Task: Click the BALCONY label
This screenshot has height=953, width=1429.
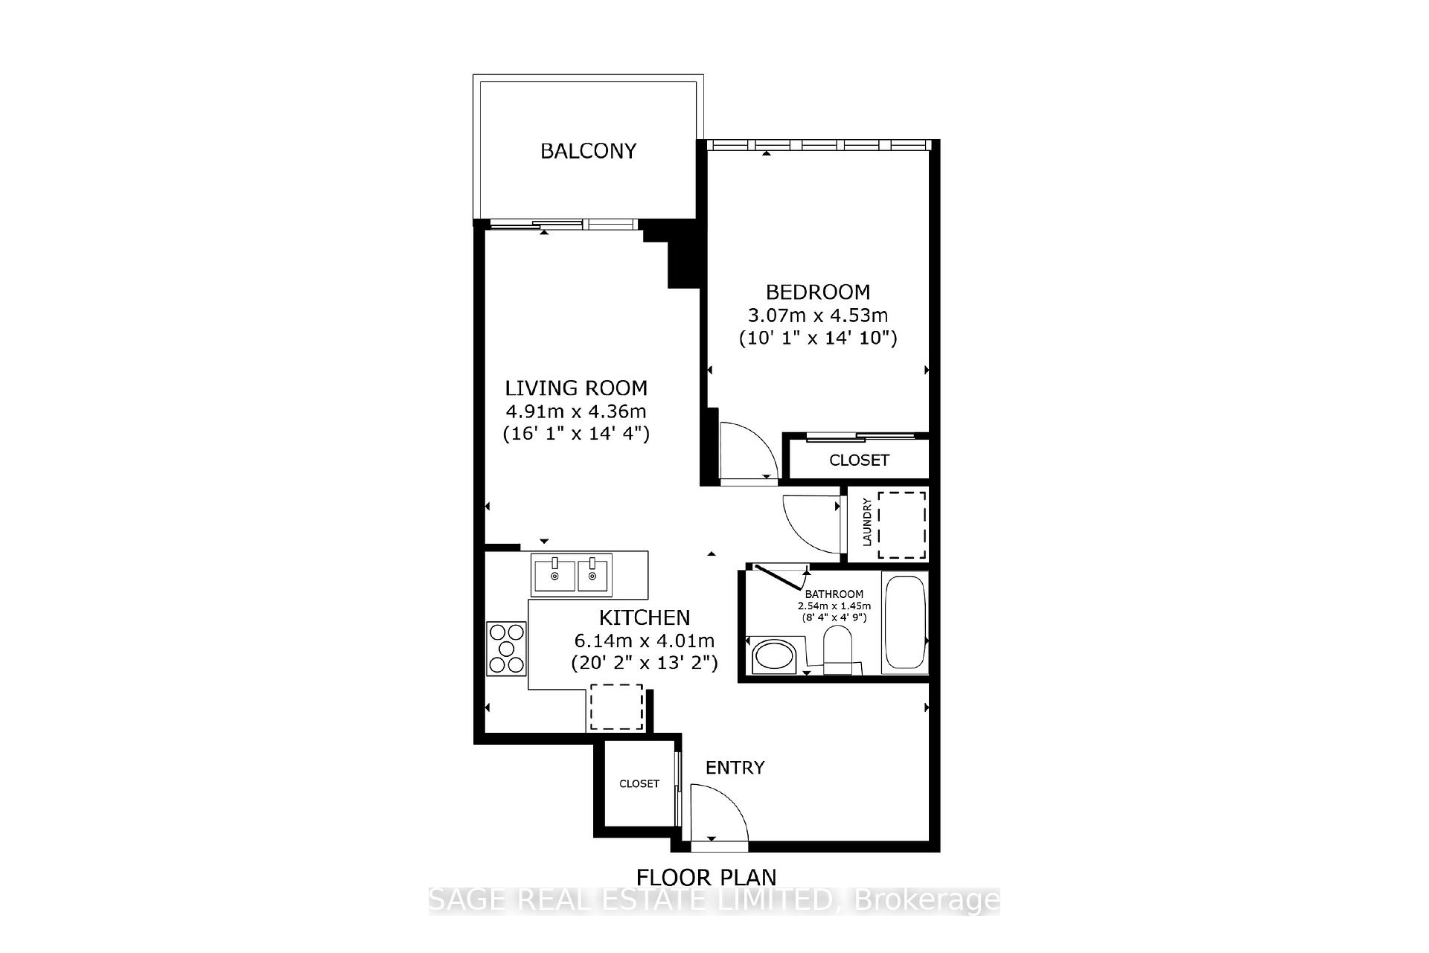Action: tap(588, 151)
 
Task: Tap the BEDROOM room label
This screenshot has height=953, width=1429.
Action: tap(818, 292)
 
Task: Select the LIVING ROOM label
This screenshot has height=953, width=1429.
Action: tap(576, 388)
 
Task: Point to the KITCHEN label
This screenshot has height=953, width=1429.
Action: tap(645, 617)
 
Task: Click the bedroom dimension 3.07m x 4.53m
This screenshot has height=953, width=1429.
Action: tap(818, 315)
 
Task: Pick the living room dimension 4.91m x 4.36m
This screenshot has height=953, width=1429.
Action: tap(576, 411)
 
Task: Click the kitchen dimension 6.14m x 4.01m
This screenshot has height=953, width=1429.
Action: tap(645, 641)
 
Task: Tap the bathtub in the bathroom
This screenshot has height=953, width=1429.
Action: tap(904, 623)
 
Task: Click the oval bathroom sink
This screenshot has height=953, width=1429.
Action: tap(774, 656)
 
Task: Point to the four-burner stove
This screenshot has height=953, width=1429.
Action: tap(506, 649)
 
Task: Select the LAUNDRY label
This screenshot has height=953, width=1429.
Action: tap(866, 522)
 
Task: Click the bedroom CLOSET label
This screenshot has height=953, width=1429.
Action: tap(859, 460)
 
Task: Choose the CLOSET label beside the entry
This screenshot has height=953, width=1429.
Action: tap(639, 783)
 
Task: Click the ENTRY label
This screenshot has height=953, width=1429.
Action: tap(735, 768)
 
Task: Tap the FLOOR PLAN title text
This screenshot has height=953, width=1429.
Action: tap(706, 878)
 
